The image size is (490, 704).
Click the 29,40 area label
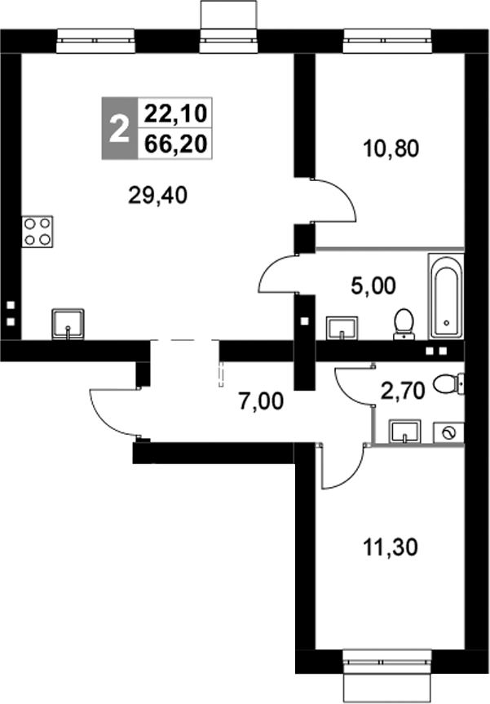pos(158,195)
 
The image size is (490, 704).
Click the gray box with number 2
pos(119,128)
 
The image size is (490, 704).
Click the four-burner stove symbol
pos(38,230)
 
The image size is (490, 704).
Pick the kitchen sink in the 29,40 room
pos(67,323)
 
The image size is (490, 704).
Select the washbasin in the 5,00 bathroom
pos(342,327)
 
